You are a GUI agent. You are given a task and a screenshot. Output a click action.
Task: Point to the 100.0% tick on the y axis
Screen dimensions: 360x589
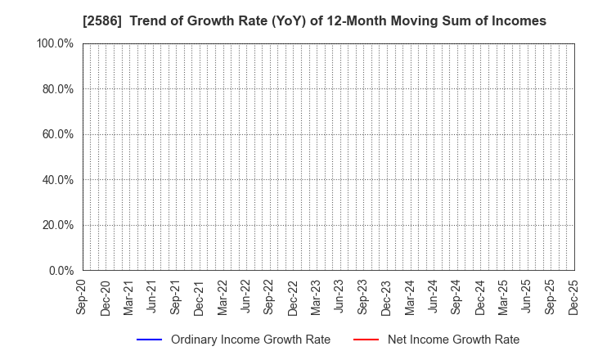pyautogui.click(x=56, y=43)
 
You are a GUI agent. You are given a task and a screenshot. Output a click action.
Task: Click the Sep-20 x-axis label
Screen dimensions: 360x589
pyautogui.click(x=83, y=296)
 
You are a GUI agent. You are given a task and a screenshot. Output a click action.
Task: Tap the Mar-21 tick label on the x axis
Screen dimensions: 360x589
pyautogui.click(x=129, y=296)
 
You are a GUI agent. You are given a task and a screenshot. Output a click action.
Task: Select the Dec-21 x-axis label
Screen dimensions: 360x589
pyautogui.click(x=200, y=296)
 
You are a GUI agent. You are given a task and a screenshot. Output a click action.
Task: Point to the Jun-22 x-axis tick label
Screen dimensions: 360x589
pyautogui.click(x=246, y=296)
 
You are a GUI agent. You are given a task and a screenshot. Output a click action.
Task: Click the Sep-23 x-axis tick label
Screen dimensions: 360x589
pyautogui.click(x=363, y=296)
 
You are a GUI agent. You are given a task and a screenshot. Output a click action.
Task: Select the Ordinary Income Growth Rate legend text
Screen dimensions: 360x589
pyautogui.click(x=250, y=340)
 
